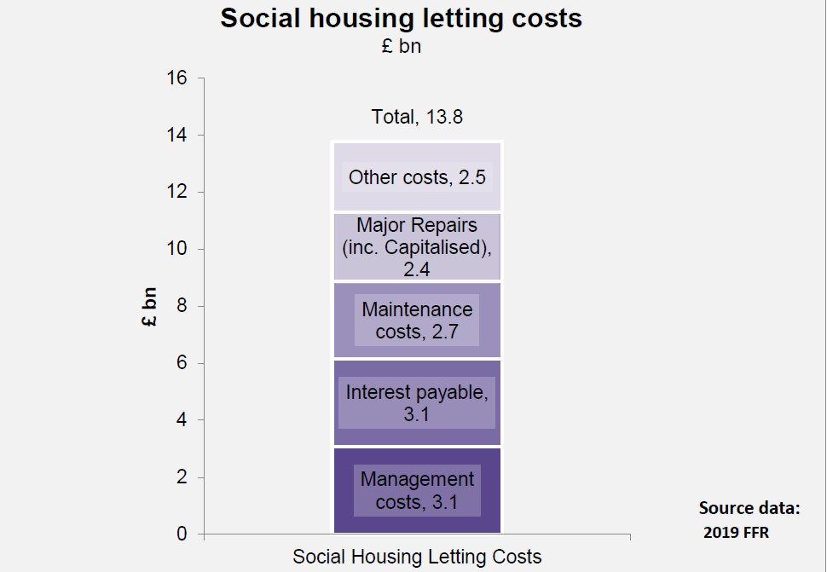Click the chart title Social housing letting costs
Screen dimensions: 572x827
401,19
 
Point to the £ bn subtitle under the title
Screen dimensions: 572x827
401,46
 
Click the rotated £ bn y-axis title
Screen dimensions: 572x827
150,305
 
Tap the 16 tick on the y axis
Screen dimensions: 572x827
176,78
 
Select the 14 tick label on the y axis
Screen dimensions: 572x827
176,135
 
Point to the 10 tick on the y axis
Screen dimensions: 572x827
176,249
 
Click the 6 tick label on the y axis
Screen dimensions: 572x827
181,363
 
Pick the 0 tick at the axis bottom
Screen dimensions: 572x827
181,534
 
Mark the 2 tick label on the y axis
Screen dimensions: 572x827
181,477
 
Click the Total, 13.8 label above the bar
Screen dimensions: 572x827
417,117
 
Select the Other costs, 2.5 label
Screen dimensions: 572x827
417,177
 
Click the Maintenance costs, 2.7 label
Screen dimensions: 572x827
417,320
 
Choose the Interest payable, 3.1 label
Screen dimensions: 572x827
417,403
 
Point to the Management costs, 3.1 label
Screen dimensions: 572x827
417,490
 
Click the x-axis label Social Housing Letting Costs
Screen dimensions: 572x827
417,557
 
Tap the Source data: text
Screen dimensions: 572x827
749,508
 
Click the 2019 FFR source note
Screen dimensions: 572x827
738,533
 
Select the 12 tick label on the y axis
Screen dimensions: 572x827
176,192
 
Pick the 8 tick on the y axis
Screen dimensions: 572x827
181,306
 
